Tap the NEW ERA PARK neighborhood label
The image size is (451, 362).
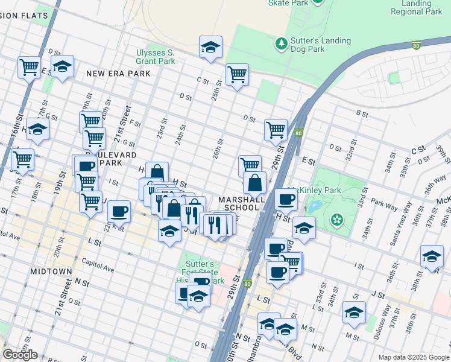pyautogui.click(x=118, y=74)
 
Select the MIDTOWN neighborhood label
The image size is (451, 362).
pyautogui.click(x=51, y=272)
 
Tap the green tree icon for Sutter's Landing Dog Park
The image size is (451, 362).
pyautogui.click(x=280, y=44)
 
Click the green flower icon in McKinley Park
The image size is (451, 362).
pyautogui.click(x=336, y=218)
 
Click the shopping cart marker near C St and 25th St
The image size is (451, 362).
pyautogui.click(x=237, y=75)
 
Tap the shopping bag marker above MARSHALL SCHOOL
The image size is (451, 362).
pyautogui.click(x=254, y=182)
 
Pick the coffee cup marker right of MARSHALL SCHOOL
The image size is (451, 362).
pyautogui.click(x=286, y=199)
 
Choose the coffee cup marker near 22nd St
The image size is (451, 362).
pyautogui.click(x=119, y=211)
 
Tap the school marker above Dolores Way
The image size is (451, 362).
pyautogui.click(x=354, y=312)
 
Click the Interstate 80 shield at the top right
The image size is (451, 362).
pyautogui.click(x=416, y=45)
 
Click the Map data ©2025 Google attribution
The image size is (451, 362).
pyautogui.click(x=414, y=357)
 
